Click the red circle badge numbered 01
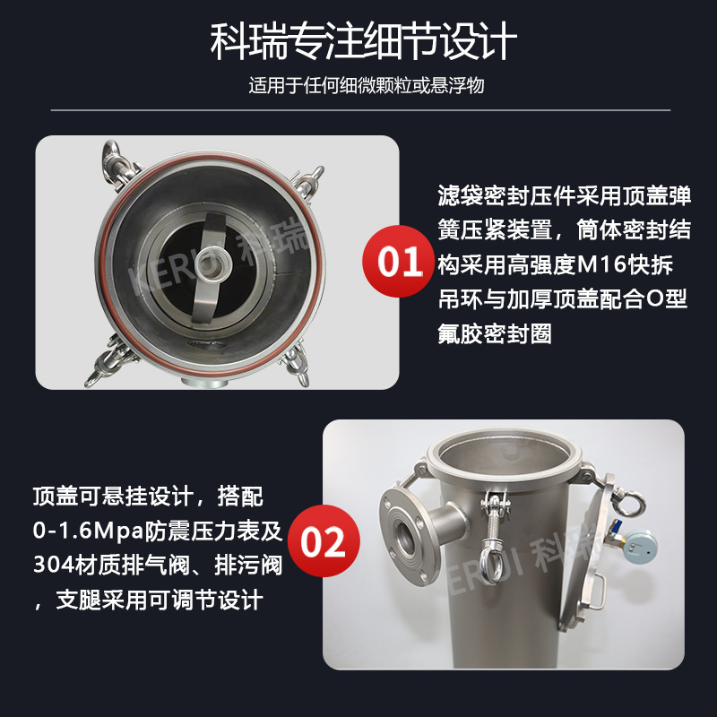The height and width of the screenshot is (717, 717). [398, 261]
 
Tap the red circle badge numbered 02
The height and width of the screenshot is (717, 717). [324, 541]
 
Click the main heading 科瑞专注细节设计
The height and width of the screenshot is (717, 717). [364, 41]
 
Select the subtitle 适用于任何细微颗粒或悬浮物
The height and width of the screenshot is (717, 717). [367, 85]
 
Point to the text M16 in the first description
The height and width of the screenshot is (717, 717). [602, 264]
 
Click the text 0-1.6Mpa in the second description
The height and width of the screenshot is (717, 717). [88, 531]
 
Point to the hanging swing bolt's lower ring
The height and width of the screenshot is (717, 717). [491, 562]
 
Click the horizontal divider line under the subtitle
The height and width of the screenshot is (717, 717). [360, 110]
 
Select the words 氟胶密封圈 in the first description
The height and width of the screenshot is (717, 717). [495, 333]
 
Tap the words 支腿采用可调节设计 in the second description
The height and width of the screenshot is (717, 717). [160, 600]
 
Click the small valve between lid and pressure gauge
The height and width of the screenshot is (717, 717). [615, 531]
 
